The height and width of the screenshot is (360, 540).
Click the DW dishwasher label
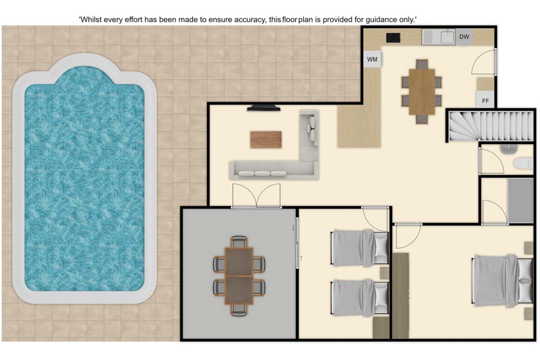[x=464, y=37]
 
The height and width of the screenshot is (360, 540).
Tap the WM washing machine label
[x=372, y=59]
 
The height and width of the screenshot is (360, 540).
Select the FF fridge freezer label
[x=485, y=101]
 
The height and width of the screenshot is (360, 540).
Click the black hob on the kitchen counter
[x=393, y=38]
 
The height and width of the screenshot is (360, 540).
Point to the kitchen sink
[x=438, y=37]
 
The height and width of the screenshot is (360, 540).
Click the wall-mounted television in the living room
[x=263, y=108]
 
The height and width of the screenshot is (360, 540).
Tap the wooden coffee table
[x=266, y=139]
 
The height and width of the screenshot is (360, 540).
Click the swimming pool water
[x=84, y=179]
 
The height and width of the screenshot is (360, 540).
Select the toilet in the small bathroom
[x=524, y=163]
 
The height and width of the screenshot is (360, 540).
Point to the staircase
[x=490, y=126]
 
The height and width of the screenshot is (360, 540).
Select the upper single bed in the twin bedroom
[x=360, y=248]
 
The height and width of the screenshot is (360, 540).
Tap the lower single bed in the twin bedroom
[x=360, y=298]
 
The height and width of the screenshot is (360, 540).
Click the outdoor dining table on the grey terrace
[x=239, y=276]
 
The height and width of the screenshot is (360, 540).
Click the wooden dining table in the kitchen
[x=422, y=92]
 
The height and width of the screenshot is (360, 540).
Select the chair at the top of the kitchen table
[x=422, y=65]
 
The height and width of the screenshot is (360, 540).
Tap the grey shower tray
[x=520, y=200]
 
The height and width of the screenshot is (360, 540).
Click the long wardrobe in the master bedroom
[x=401, y=295]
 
